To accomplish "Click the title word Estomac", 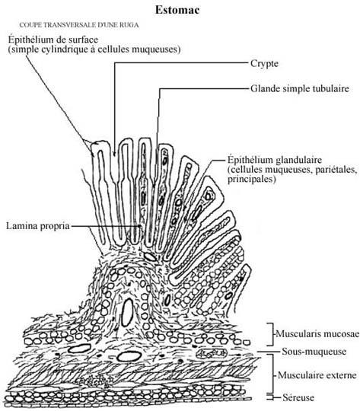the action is coord(177,10).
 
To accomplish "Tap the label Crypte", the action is coord(264,63).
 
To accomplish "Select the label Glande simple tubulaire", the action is coord(300,88).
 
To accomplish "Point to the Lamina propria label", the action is coord(38,226).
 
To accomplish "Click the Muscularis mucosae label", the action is coord(317,333).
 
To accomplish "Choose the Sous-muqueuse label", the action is coord(314,351).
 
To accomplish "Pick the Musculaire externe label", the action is coord(317,374).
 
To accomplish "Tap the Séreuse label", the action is coord(298,397).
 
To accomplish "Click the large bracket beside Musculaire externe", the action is coord(273,374).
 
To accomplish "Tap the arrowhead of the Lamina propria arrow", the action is coord(140,226).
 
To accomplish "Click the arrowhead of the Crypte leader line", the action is coord(114,154).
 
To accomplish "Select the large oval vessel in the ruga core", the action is coord(128,313).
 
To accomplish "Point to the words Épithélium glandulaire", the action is coord(275,160).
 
